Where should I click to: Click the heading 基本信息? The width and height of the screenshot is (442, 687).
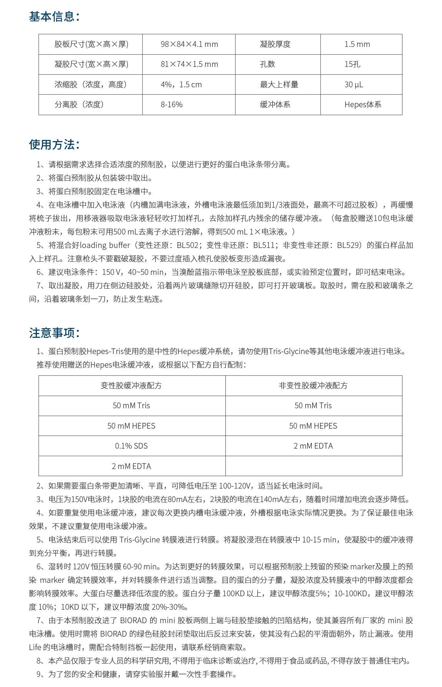pos(54,17)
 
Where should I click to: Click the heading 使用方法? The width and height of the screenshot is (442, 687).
pos(54,145)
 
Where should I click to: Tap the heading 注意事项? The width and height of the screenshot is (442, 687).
pos(54,333)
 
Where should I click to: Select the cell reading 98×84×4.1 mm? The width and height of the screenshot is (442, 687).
pos(189,44)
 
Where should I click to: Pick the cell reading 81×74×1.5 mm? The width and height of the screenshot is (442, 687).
pos(189,64)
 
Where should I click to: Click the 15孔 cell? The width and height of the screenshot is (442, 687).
pos(352,64)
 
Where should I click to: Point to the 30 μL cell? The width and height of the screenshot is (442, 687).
pos(353,85)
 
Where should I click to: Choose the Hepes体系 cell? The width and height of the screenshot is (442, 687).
pos(363,105)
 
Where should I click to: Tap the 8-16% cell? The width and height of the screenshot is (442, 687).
pos(172,105)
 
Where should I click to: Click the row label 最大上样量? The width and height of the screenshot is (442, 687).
pos(279,85)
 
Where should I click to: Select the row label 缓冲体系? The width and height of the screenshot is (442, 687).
pos(275,105)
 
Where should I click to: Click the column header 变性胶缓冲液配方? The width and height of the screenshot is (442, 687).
pos(131,386)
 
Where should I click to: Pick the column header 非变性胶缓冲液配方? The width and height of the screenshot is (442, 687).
pos(313,386)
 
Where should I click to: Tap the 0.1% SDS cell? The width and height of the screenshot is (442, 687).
pos(131,446)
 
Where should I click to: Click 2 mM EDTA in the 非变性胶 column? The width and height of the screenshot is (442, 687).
pos(313,446)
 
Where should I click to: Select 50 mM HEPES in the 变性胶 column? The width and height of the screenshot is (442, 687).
pos(131,426)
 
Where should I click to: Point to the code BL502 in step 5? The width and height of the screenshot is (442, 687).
pos(188,245)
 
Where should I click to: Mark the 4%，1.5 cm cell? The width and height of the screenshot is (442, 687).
pos(181,85)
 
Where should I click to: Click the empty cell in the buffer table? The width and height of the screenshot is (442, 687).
pos(313,466)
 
